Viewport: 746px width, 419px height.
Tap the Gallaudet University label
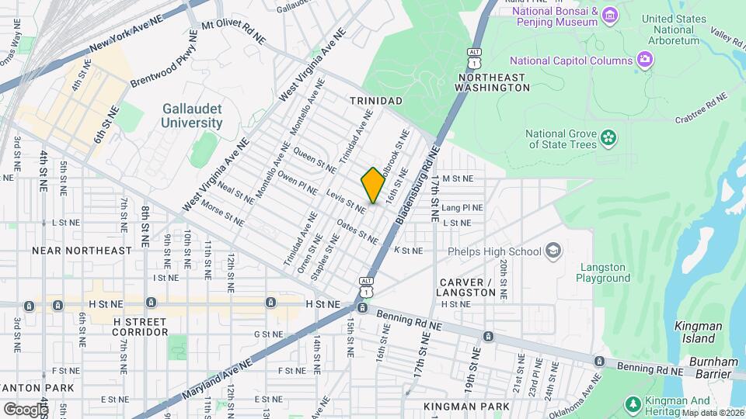[192, 116]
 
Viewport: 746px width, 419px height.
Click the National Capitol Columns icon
[644, 60]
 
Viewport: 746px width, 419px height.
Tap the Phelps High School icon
[553, 251]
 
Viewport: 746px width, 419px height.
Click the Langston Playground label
[604, 272]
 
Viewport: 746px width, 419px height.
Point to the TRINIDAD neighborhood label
[376, 102]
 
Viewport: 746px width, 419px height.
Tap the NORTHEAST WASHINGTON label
[494, 83]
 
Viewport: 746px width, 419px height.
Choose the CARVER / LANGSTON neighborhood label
[467, 287]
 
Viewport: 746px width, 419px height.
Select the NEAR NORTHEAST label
[82, 251]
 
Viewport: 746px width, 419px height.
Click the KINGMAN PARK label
[467, 406]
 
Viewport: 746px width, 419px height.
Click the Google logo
[25, 409]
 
